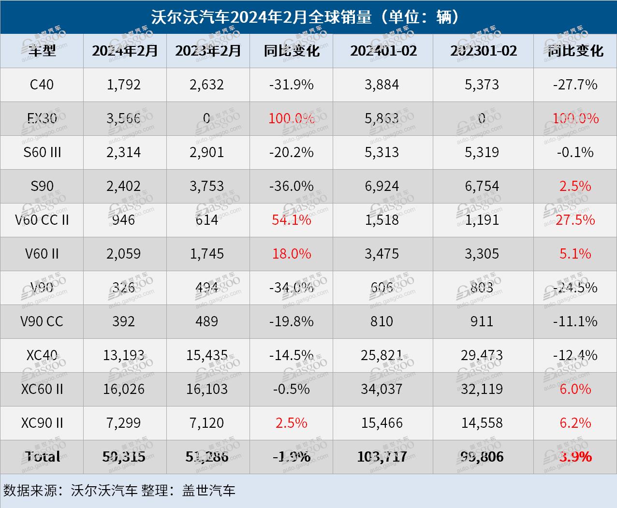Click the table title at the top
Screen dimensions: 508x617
tap(308, 17)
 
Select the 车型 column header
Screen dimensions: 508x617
tap(42, 51)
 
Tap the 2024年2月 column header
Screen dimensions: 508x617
tap(125, 51)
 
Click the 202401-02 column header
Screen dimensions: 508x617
tap(383, 51)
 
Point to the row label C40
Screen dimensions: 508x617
tap(42, 85)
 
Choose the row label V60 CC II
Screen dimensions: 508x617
tap(42, 220)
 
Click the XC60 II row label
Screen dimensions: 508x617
tap(42, 389)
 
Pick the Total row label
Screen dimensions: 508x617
tap(42, 457)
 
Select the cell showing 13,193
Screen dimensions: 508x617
tap(124, 355)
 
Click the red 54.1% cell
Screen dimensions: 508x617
tap(291, 220)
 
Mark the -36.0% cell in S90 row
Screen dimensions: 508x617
tap(291, 186)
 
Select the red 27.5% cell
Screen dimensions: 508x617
tap(575, 220)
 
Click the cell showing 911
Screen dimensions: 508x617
tap(482, 321)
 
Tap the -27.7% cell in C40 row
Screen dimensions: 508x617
tap(575, 85)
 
